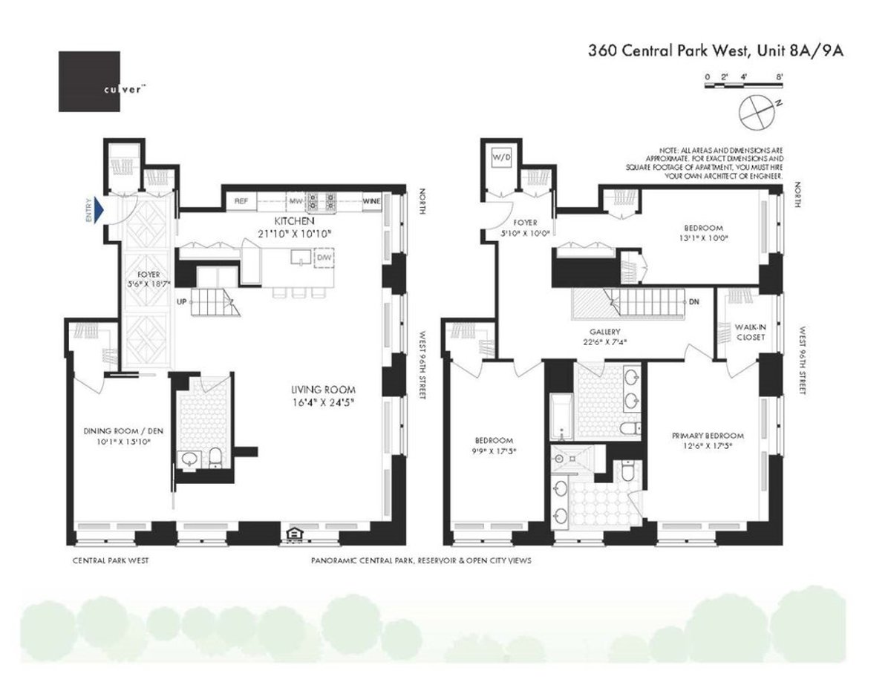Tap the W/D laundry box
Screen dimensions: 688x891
click(x=496, y=157)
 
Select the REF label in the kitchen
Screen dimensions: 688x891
click(x=241, y=201)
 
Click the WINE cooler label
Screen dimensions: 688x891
click(x=371, y=201)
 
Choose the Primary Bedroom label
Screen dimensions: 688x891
click(x=708, y=436)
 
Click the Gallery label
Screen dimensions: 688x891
click(x=604, y=332)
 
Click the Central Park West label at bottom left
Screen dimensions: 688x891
click(x=110, y=561)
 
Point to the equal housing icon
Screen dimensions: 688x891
click(x=292, y=534)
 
